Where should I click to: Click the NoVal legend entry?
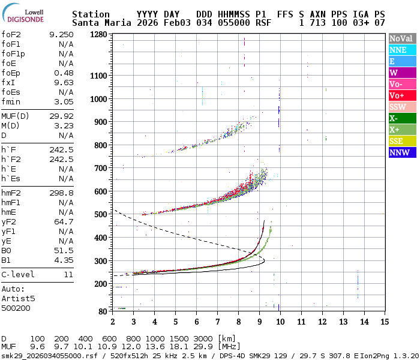click(x=401, y=38)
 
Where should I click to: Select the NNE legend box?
click(x=401, y=50)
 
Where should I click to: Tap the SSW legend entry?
click(x=401, y=107)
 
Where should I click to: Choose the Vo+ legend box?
click(x=401, y=95)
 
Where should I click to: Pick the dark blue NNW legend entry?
click(x=401, y=152)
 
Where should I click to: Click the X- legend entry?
click(x=401, y=118)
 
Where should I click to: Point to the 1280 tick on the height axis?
click(x=98, y=35)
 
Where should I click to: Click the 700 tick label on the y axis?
click(x=100, y=169)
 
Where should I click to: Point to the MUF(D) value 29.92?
click(x=62, y=116)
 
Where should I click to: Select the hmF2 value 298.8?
click(x=62, y=193)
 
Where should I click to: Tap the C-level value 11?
click(x=68, y=275)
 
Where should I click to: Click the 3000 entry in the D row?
click(x=204, y=338)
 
